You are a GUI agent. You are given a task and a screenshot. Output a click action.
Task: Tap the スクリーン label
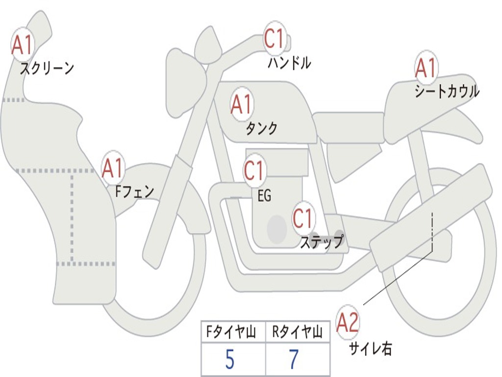(47, 68)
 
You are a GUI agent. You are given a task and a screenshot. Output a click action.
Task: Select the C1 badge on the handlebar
(275, 38)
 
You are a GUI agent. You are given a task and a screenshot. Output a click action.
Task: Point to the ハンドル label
(289, 62)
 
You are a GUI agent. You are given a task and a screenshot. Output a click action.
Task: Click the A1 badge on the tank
(242, 105)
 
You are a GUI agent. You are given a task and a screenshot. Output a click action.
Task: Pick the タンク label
(261, 128)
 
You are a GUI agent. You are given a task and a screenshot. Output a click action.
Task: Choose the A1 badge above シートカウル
(426, 67)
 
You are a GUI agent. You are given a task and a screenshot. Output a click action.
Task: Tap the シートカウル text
(447, 91)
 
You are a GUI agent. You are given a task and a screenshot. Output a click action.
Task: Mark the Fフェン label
(134, 192)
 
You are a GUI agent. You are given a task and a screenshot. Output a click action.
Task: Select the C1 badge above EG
(254, 171)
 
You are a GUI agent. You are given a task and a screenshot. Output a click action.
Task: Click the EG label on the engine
(264, 195)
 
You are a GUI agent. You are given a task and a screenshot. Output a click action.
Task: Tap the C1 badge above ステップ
(303, 218)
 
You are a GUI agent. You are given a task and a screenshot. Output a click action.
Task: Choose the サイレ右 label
(371, 349)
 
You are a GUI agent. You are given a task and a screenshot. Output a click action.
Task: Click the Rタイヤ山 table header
(298, 332)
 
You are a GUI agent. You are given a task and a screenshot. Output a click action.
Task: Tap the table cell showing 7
(298, 359)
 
